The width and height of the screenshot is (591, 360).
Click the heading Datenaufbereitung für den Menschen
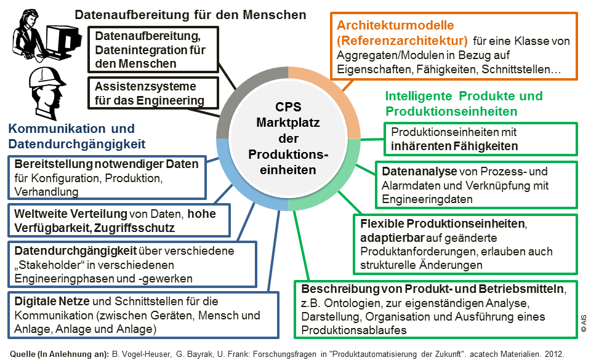[x=190, y=14]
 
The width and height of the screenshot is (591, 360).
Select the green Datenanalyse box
[x=476, y=185]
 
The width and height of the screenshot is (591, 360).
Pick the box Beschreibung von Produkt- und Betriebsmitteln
[x=438, y=310]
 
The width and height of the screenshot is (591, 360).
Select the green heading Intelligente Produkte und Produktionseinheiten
[x=464, y=103]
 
